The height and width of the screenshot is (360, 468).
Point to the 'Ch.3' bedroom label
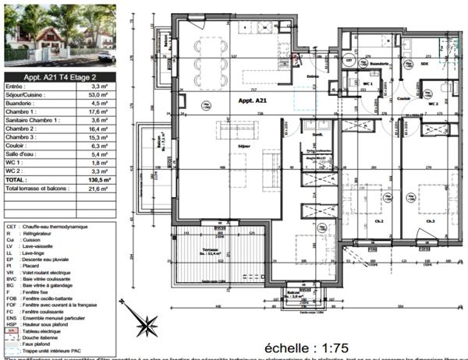(x=429, y=221)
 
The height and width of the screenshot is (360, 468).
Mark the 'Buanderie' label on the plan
(x=379, y=64)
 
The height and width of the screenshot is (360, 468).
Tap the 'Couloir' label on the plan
(x=402, y=99)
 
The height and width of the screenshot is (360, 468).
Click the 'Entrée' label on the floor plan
(x=313, y=76)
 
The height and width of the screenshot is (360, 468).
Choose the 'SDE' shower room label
(x=425, y=64)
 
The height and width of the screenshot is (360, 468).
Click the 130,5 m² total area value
(x=97, y=178)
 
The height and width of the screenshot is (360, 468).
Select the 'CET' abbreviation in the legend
(x=11, y=224)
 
